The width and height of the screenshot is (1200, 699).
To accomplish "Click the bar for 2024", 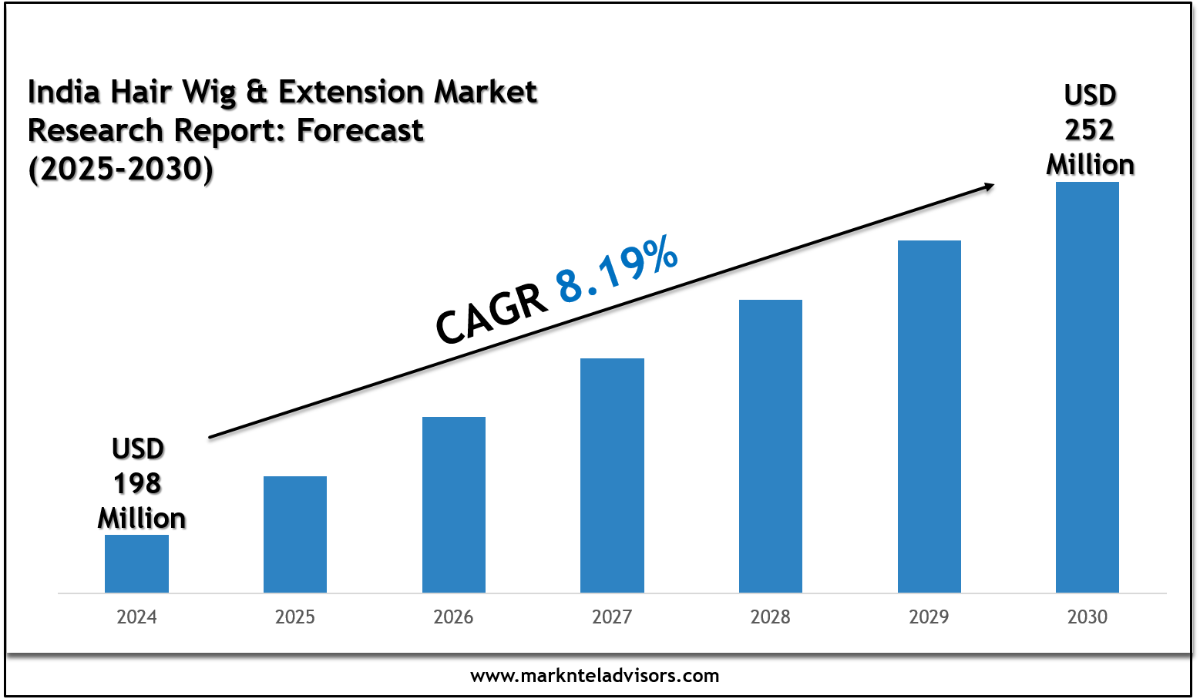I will point(136,563).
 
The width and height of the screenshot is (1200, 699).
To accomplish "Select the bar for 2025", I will point(295,534).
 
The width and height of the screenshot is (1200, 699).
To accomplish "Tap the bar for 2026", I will point(454,505).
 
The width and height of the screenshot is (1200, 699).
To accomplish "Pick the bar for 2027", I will point(612,476).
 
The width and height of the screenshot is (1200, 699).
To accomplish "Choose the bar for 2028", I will point(771,446).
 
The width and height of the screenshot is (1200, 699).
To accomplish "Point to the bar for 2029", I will point(929,416).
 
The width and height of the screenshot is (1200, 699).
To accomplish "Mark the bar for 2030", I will point(1087,387).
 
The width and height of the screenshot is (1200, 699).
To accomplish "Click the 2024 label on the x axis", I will point(136,617).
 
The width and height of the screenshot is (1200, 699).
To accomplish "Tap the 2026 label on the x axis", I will point(454,617).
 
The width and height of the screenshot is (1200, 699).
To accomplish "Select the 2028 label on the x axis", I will point(771,617).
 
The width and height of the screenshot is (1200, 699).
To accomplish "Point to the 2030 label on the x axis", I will point(1087,617).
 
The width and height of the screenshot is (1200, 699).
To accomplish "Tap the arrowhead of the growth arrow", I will point(987,185).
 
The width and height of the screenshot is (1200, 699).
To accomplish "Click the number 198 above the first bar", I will point(137,484).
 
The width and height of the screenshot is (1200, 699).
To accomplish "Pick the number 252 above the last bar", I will point(1090,130).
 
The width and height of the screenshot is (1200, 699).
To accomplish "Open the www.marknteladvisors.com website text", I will point(594,676).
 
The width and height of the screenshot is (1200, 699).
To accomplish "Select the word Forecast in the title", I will point(360,131).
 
